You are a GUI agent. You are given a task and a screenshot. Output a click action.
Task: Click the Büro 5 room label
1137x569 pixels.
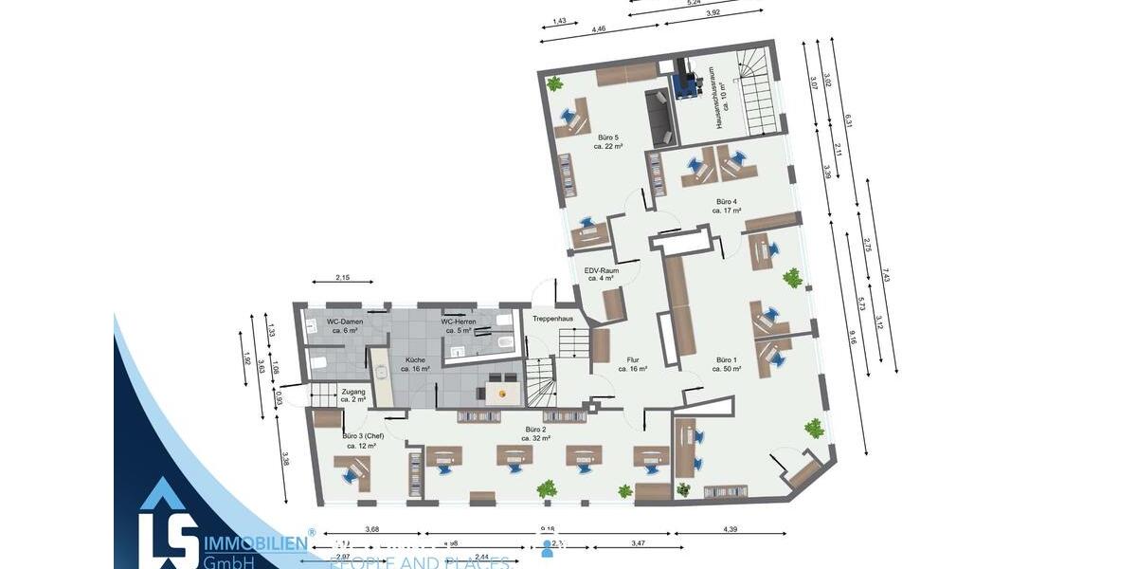point(608,141)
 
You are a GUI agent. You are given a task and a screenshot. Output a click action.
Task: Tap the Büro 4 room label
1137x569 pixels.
point(727,206)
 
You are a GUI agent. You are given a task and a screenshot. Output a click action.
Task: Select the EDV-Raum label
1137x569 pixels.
point(603,274)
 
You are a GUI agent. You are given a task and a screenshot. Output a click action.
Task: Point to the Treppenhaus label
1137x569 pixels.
point(552,319)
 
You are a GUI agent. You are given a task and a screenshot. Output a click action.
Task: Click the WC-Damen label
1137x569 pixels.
point(345,325)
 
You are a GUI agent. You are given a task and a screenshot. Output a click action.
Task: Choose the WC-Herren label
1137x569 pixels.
point(460,325)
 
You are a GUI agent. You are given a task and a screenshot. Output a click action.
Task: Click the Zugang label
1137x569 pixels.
point(353,395)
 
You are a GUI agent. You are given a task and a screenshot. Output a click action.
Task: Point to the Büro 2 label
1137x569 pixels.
point(535,433)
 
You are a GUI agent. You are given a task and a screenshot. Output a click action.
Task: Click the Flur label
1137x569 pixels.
point(634,364)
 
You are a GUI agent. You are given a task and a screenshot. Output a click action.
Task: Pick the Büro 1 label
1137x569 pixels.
point(727,364)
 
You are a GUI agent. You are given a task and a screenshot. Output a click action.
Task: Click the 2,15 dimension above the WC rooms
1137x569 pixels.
point(343,277)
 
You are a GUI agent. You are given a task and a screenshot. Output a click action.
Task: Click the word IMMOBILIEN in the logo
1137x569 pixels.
point(254,542)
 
